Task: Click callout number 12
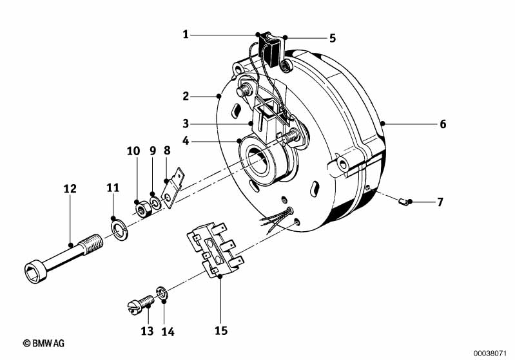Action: click(70, 189)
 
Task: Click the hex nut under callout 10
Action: click(143, 209)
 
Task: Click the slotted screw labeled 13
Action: click(141, 304)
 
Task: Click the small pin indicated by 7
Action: click(403, 202)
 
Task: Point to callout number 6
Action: click(443, 124)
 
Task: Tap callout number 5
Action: click(333, 38)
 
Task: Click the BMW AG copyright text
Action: click(44, 343)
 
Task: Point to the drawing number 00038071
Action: click(492, 354)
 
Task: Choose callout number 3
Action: click(186, 124)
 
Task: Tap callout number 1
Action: click(186, 34)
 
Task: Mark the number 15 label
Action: click(221, 330)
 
